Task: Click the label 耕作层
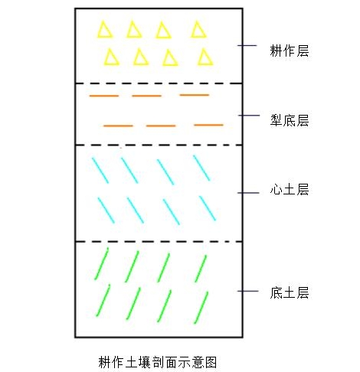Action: [290, 51]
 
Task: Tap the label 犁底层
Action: [290, 120]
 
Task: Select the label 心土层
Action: [290, 190]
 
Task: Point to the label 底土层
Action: [290, 292]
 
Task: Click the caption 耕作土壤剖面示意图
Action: [158, 362]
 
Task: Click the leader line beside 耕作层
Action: [247, 45]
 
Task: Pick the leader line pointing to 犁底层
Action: [249, 116]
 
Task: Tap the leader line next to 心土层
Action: [248, 193]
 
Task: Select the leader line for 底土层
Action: [248, 291]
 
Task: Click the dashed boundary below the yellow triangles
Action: [159, 83]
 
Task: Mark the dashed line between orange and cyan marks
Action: [159, 145]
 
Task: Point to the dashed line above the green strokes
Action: [159, 241]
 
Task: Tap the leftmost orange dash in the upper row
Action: [104, 96]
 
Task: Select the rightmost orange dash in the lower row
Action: [208, 125]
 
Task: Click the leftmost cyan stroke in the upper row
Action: [100, 170]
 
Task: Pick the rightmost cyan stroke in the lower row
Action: [208, 208]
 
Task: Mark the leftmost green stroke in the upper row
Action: [101, 263]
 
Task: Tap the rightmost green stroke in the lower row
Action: [201, 308]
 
